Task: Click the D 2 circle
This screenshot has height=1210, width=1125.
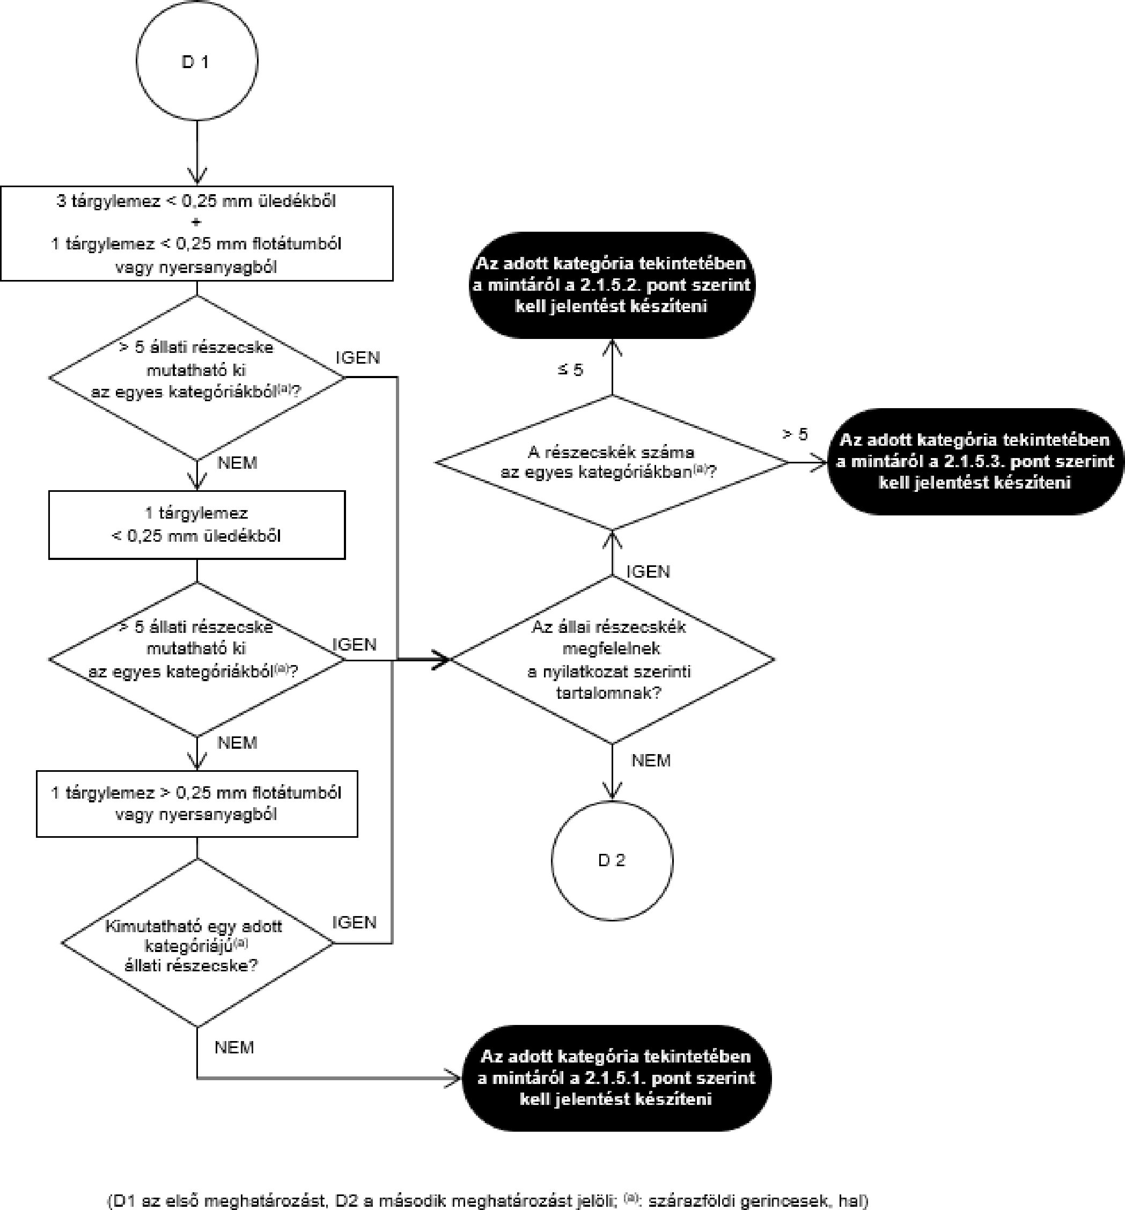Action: pos(612,860)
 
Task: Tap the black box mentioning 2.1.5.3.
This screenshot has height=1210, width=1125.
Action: pos(975,461)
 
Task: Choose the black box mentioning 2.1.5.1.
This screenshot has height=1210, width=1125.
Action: pos(615,1078)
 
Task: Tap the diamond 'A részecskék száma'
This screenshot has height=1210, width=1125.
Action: pos(612,462)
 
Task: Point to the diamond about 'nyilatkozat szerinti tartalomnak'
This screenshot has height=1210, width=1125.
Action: pos(612,660)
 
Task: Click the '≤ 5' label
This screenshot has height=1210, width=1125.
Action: pos(570,370)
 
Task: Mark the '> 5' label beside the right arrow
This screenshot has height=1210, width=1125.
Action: pos(795,434)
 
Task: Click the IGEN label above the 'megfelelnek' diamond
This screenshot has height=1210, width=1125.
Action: pos(648,572)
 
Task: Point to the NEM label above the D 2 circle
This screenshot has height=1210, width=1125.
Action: pos(651,760)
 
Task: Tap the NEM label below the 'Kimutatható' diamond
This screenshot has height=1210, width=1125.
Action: pos(234,1047)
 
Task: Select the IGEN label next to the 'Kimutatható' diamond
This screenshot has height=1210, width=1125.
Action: pos(354,922)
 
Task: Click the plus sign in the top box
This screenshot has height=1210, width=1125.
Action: pos(196,222)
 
